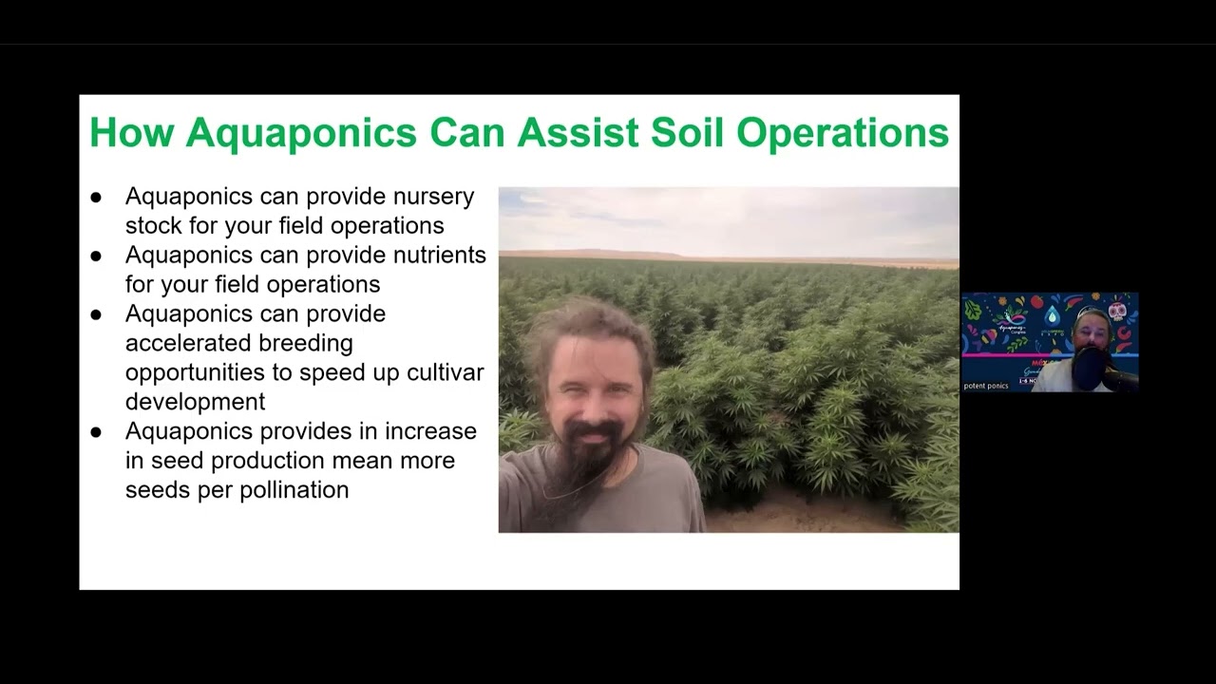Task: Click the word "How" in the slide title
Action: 131,133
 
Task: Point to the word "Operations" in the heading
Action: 843,134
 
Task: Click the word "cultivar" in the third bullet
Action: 446,371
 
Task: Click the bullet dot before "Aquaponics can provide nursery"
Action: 96,198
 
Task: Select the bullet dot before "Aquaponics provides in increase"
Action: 96,432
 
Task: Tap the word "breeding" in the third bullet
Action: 308,342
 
